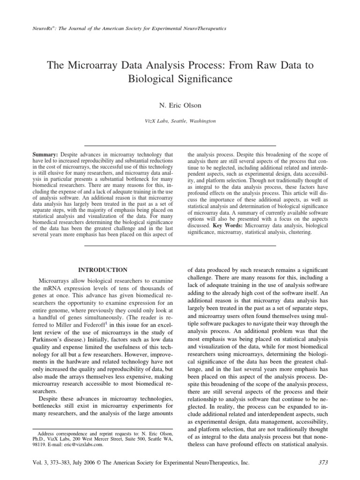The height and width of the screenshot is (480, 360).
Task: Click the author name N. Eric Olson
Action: coord(180,104)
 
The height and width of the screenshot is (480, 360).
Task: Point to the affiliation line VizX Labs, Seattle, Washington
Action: coord(180,120)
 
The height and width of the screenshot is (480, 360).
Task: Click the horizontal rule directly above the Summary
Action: coord(180,146)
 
